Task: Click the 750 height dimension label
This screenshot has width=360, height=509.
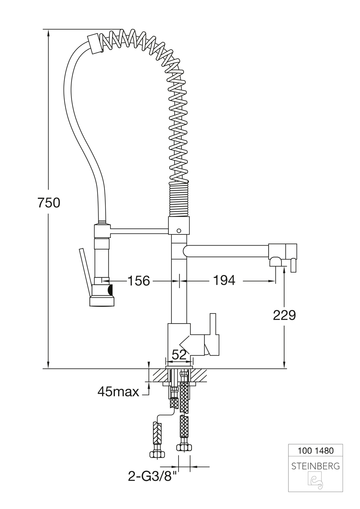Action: pos(49,203)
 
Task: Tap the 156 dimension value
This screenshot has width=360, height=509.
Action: pos(139,281)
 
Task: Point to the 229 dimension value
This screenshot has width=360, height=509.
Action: pos(284,315)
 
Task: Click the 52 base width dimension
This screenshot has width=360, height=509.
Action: pos(179,355)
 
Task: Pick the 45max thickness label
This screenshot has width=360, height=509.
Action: pos(118,392)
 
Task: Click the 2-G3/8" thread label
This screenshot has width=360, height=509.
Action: pos(152,476)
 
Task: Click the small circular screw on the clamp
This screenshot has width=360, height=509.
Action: pos(179,231)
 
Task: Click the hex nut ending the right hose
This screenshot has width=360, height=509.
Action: pos(184,448)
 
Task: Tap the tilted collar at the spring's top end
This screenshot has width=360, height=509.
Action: pos(94,44)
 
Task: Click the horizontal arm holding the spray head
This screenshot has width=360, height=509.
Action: pos(139,231)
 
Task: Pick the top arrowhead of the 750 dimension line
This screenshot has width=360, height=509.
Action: pos(48,33)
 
